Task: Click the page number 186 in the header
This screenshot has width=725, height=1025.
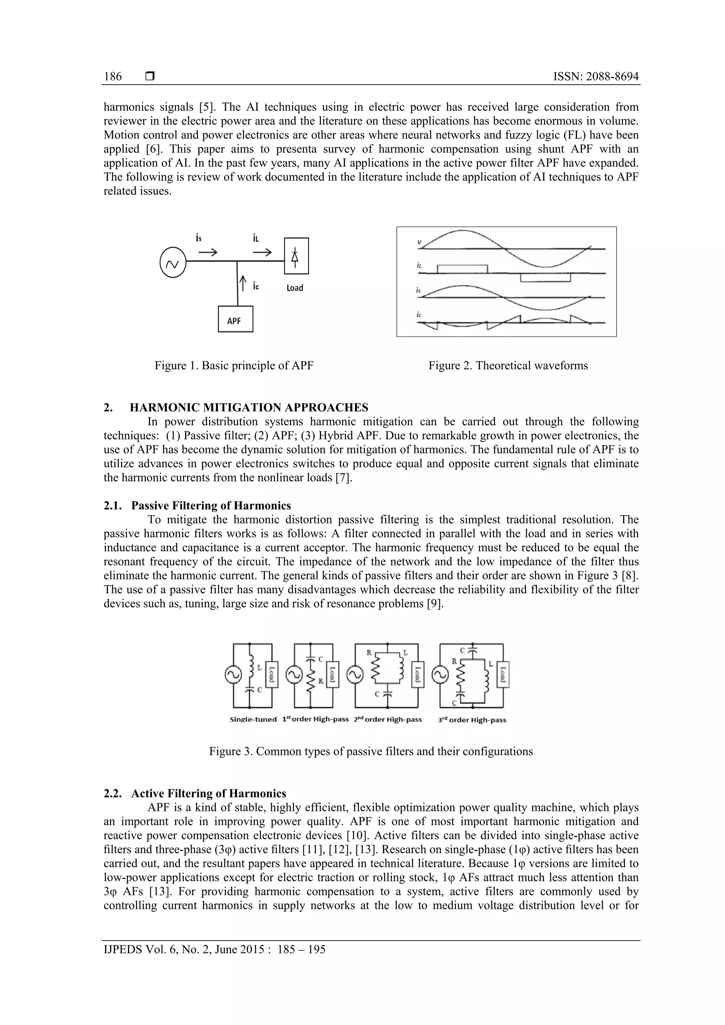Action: coord(113,76)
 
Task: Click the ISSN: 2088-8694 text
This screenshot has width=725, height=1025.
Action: coord(595,76)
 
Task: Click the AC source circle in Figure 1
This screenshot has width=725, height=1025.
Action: coord(172,263)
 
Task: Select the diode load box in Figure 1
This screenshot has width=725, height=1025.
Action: coord(296,256)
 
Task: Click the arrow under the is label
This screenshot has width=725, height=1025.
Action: coord(208,253)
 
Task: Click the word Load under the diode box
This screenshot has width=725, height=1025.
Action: coord(295,288)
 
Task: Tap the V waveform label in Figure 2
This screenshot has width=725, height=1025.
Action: coord(419,242)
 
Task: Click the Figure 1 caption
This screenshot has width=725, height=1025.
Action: coord(234,365)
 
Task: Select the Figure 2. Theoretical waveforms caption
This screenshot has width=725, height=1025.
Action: coord(508,365)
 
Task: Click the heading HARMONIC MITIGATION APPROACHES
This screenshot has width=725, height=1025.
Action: coord(249,408)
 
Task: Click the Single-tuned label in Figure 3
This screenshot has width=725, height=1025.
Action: coord(253,719)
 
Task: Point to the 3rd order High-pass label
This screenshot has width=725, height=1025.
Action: coord(472,720)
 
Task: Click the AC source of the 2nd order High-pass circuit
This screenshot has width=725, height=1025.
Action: coord(355,675)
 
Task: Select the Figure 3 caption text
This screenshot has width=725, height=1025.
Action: coord(371,752)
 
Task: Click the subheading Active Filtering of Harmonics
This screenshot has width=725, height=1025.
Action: coord(209,793)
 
